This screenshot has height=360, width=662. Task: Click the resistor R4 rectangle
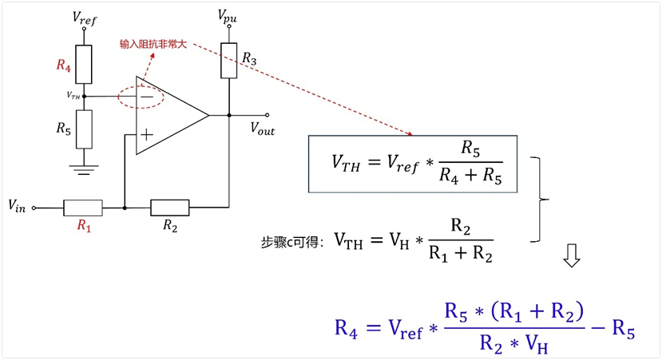tap(84, 64)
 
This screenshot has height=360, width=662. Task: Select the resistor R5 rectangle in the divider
tap(84, 129)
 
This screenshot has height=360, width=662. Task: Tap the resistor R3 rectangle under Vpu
tap(229, 61)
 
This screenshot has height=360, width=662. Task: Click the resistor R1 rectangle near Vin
tap(83, 208)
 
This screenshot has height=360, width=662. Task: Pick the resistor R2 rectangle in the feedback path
tap(170, 208)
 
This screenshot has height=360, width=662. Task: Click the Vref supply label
tap(85, 18)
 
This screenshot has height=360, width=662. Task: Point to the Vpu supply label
tap(227, 17)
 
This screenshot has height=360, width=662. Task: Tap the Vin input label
tap(17, 206)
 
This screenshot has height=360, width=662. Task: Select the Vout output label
tap(262, 129)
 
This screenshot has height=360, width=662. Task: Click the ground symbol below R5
tap(84, 170)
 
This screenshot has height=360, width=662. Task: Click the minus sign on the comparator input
tap(146, 97)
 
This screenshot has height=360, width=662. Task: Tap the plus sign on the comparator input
tap(146, 135)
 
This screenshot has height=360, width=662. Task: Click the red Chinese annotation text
tap(153, 45)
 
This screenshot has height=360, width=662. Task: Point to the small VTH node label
tap(73, 96)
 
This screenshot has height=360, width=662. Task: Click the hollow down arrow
tap(572, 255)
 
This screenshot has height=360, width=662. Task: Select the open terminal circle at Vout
tap(267, 115)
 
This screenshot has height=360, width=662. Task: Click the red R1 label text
tap(84, 226)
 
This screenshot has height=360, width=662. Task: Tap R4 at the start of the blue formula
tap(346, 328)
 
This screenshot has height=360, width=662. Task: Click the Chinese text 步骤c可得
tap(291, 243)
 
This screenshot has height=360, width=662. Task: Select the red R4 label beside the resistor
tap(64, 65)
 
